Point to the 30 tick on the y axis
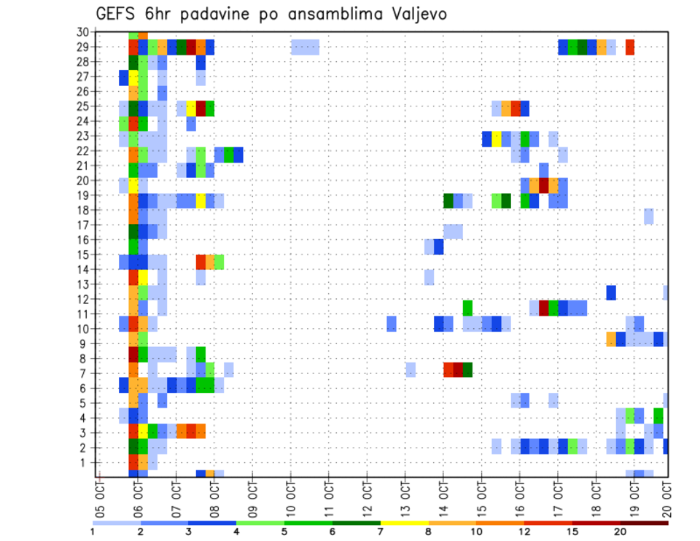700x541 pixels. pos(83,31)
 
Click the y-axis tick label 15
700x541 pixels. pos(83,255)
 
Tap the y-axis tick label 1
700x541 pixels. pos(86,462)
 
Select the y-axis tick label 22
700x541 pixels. pos(83,151)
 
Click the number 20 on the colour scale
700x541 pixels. pos(621,532)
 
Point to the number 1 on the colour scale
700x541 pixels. pos(93,532)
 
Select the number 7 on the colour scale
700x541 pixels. pos(381,532)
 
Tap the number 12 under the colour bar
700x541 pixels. pos(525,532)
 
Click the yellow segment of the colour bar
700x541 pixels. pos(405,523)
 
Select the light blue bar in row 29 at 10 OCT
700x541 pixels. pos(305,47)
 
